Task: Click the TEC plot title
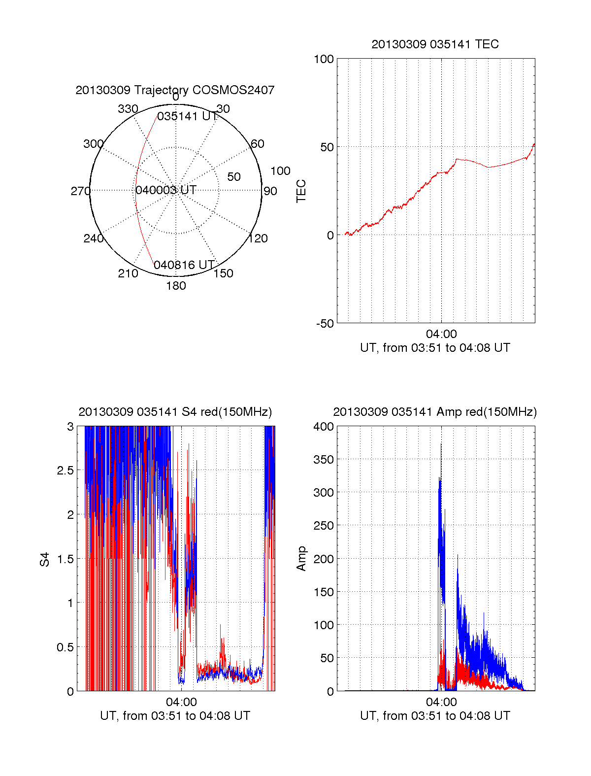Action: pos(435,44)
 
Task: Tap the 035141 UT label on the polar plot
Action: pos(187,116)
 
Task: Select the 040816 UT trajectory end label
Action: pos(184,265)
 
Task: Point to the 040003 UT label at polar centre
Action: pos(166,190)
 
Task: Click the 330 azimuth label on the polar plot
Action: pos(128,109)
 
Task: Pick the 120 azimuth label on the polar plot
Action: pos(258,238)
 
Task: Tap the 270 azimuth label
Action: pos(80,191)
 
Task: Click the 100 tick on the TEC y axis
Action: pos(324,59)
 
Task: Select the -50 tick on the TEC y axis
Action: pos(325,324)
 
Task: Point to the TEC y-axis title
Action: pos(301,191)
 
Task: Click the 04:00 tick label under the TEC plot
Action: pos(441,335)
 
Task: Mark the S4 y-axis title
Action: pos(45,559)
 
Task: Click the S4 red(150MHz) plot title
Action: pos(175,412)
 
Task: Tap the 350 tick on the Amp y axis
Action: pos(324,460)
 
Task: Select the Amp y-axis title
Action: pos(301,559)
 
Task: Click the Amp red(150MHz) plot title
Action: pos(435,412)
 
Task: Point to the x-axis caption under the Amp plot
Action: pos(435,716)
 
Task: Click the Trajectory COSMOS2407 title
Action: pos(175,90)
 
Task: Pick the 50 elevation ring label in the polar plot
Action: pos(234,177)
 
